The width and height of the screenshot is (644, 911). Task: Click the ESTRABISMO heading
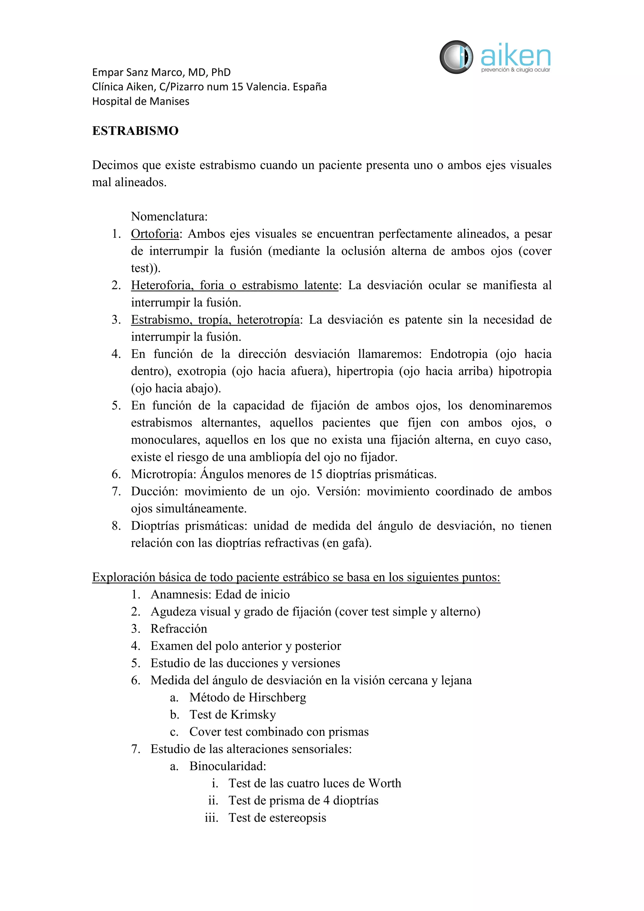pos(135,131)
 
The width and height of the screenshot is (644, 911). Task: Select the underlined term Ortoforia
pos(155,234)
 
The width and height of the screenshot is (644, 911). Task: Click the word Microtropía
pos(164,474)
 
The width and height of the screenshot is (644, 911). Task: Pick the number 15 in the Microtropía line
pos(316,474)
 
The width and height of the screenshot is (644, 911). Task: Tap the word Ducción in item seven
pos(155,491)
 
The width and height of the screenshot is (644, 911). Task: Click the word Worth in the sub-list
pos(385,783)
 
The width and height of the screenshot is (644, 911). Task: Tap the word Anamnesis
pos(181,594)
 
